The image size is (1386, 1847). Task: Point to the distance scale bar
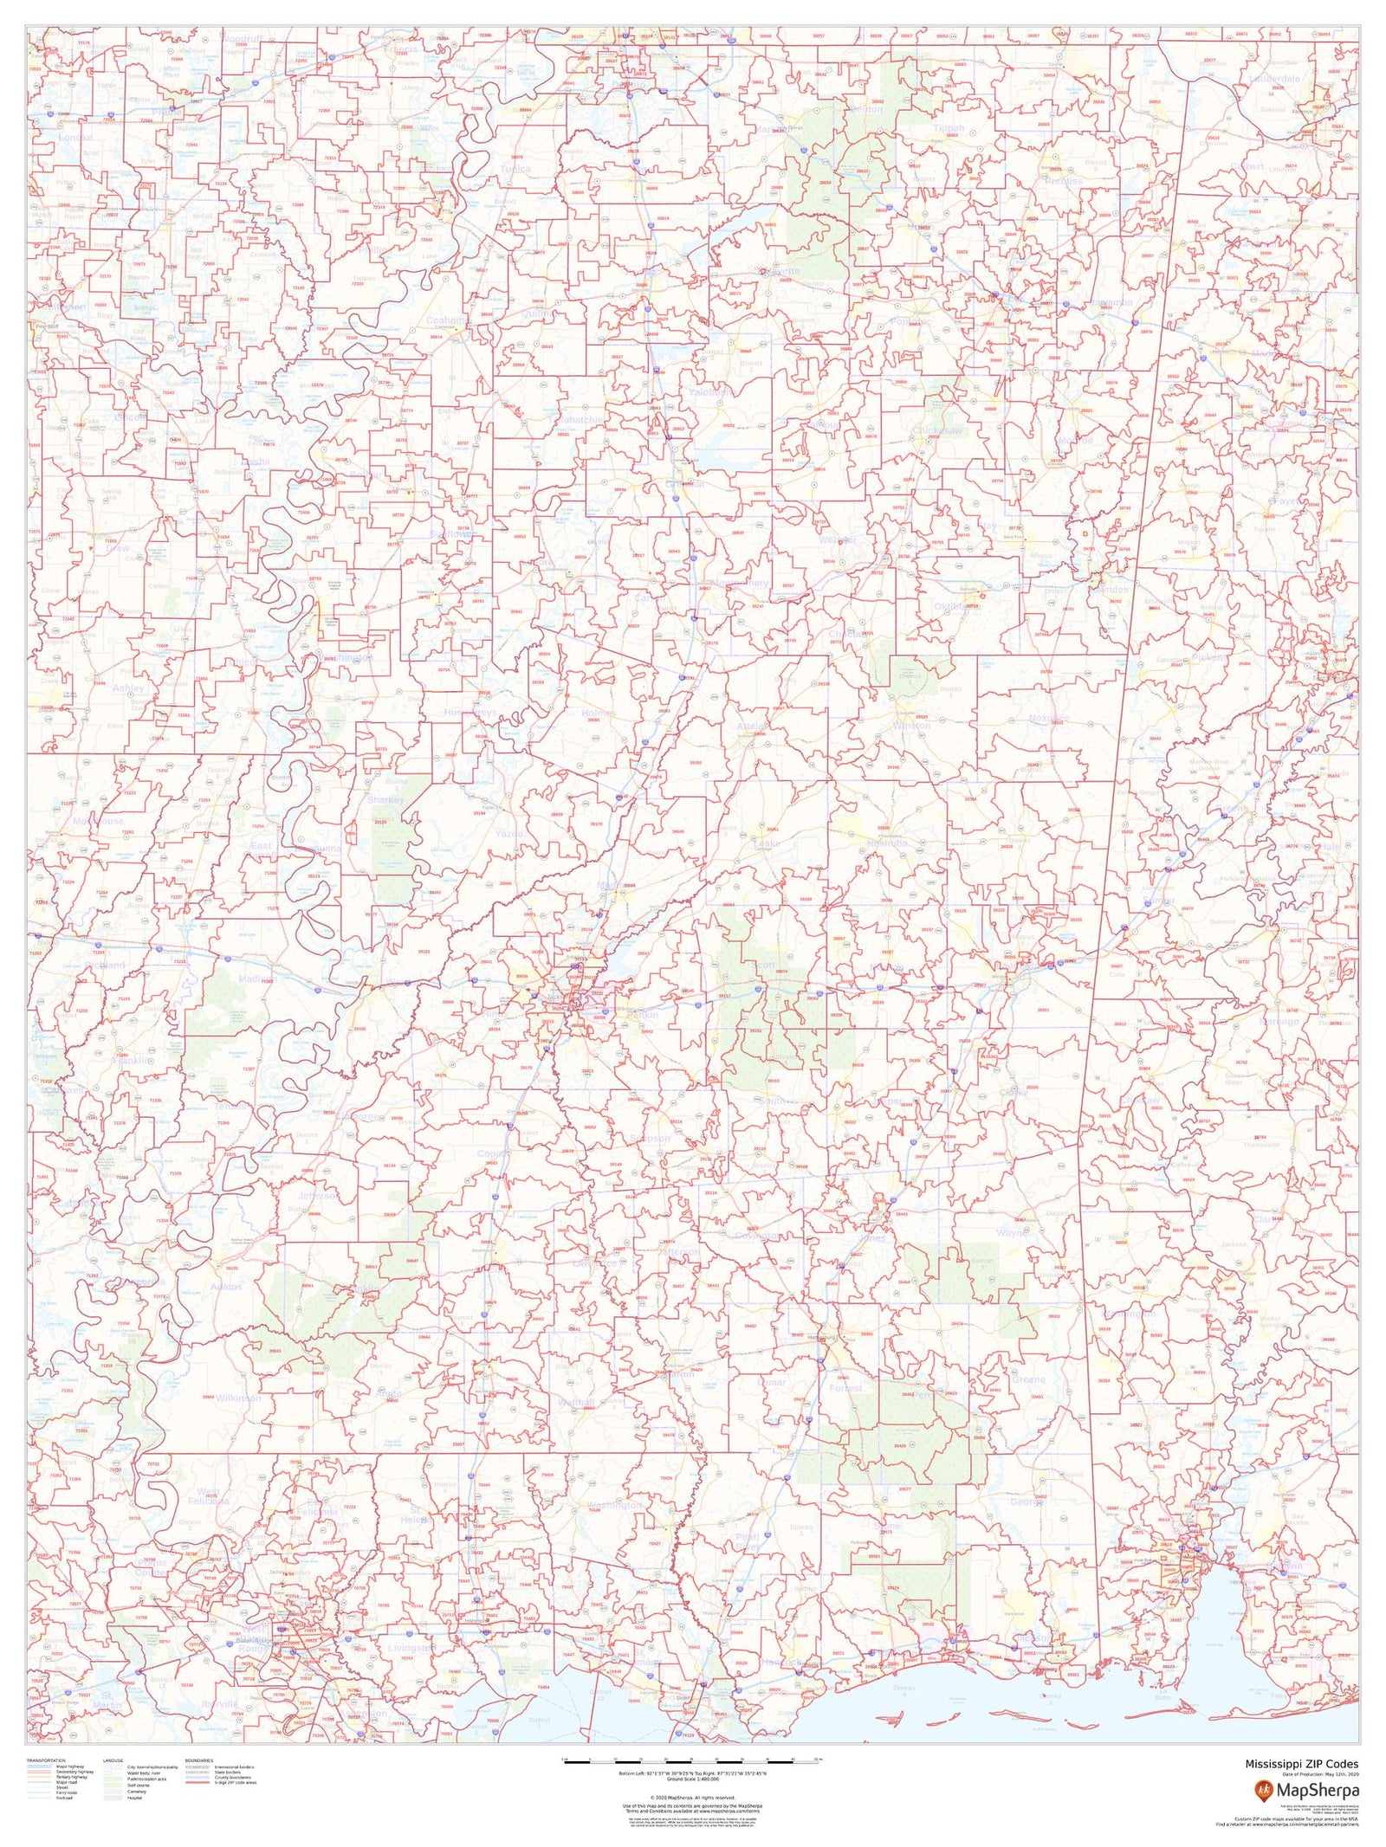point(692,1760)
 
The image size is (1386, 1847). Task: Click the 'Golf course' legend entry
point(139,1785)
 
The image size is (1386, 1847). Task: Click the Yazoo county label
point(508,833)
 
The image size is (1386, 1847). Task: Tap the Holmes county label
point(599,713)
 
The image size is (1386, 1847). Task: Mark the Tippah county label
point(949,128)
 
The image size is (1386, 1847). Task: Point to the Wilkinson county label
point(238,1398)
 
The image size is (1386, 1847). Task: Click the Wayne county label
point(1012,1231)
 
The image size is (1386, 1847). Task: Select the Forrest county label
point(845,1387)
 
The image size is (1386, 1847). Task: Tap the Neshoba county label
point(886,843)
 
